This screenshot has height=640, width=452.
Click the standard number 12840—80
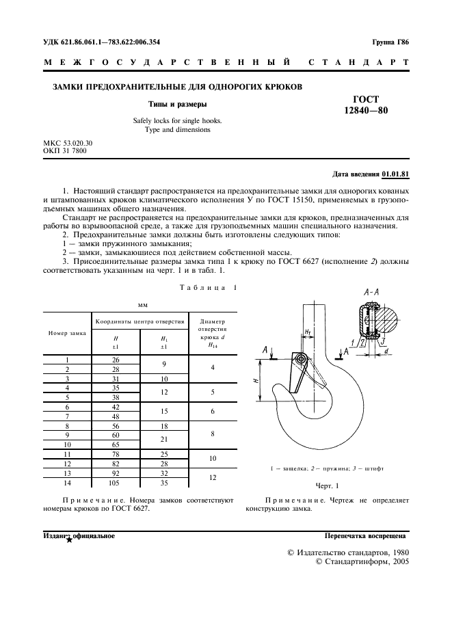pyautogui.click(x=365, y=111)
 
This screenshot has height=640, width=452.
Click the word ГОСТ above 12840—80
pyautogui.click(x=365, y=99)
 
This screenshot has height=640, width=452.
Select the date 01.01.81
pyautogui.click(x=395, y=174)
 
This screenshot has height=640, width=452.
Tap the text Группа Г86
pyautogui.click(x=390, y=42)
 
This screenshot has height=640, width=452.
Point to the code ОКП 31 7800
pyautogui.click(x=65, y=150)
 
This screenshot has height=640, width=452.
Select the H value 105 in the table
pyautogui.click(x=115, y=482)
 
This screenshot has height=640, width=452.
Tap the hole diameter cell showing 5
pyautogui.click(x=212, y=392)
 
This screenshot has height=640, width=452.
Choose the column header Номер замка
pyautogui.click(x=67, y=333)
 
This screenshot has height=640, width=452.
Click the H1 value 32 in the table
pyautogui.click(x=164, y=472)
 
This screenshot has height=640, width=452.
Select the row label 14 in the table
pyautogui.click(x=67, y=482)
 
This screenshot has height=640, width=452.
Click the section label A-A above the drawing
pyautogui.click(x=372, y=293)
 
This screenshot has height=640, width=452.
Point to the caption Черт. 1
pyautogui.click(x=327, y=485)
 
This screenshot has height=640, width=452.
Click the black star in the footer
pyautogui.click(x=69, y=539)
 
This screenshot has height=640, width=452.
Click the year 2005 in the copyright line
pyautogui.click(x=395, y=561)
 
